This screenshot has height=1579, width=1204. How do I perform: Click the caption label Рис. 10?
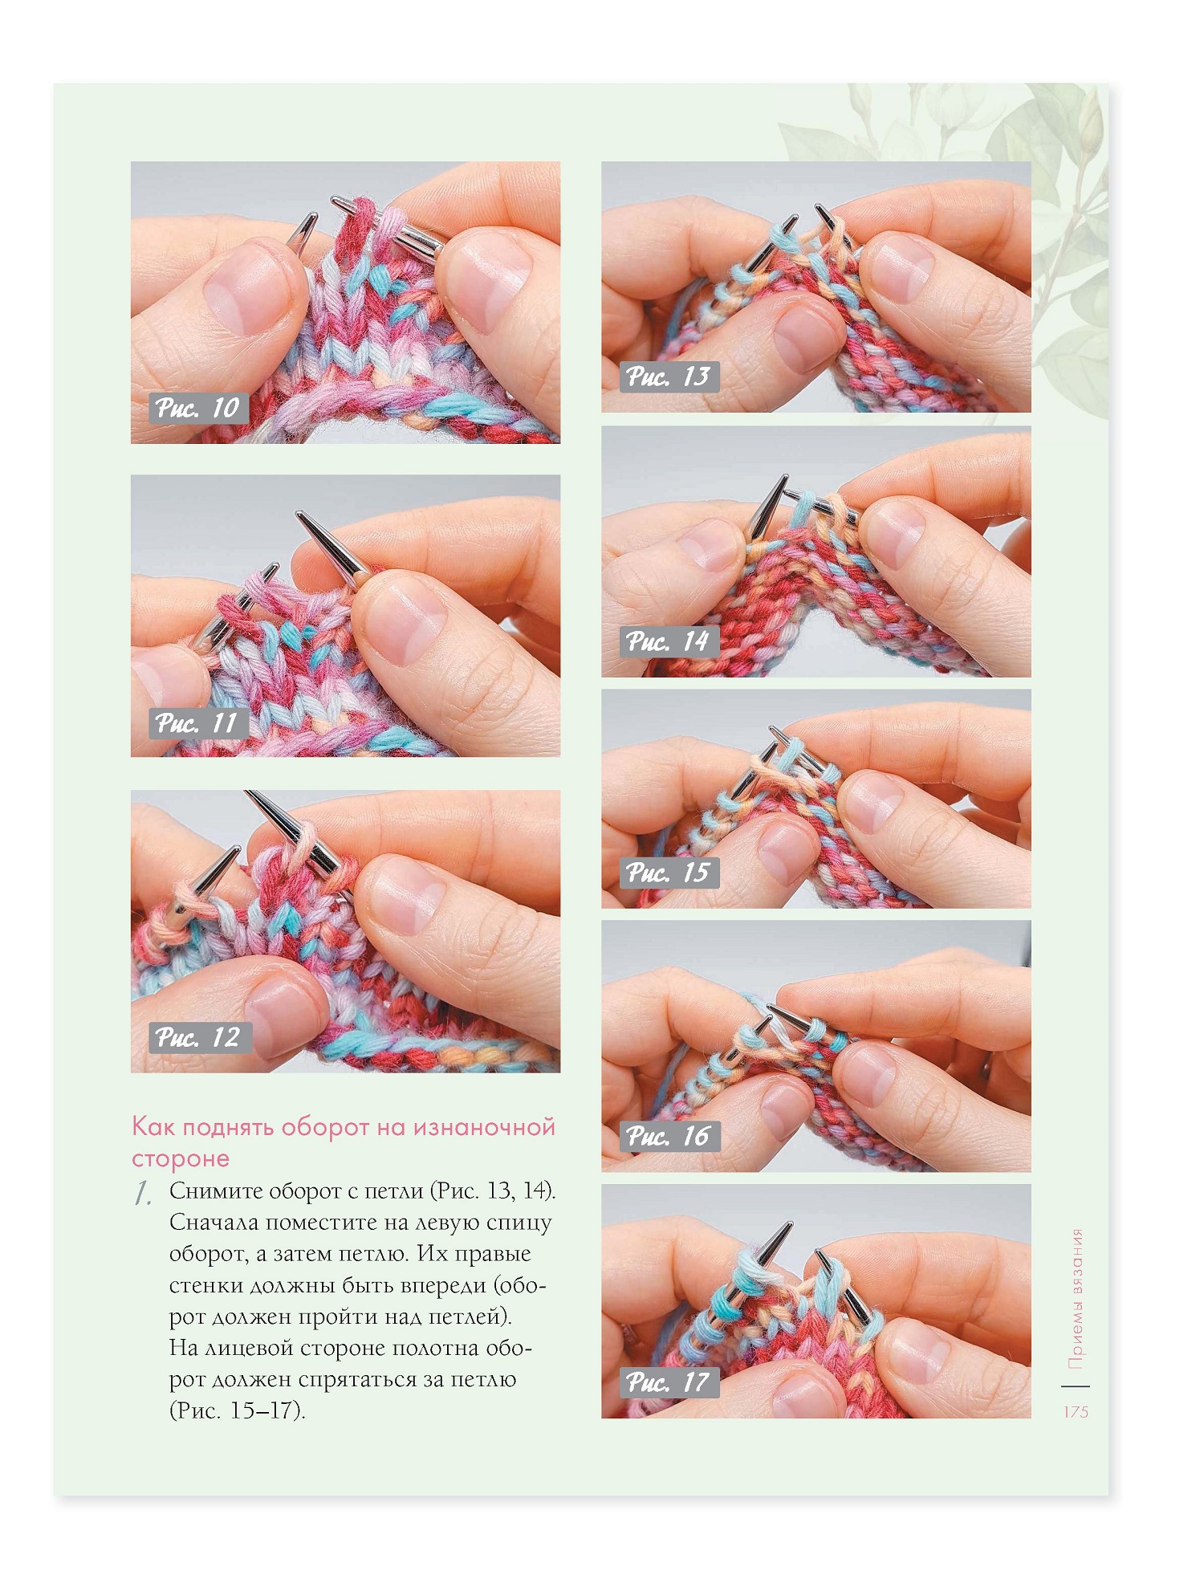click(x=197, y=408)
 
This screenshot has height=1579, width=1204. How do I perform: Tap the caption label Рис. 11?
click(x=197, y=723)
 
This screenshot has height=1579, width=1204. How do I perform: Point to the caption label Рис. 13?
click(x=669, y=376)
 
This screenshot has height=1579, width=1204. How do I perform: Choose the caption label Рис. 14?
click(x=669, y=641)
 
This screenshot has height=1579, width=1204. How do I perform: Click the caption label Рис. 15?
click(x=669, y=872)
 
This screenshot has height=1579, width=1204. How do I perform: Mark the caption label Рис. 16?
click(x=669, y=1136)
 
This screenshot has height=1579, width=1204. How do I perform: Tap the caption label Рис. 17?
click(x=669, y=1382)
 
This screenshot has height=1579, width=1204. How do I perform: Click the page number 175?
click(x=1076, y=1412)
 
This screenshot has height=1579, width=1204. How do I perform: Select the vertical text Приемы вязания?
click(x=1076, y=1299)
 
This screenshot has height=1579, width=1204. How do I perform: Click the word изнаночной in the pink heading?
click(x=484, y=1127)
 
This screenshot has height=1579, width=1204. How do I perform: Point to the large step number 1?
click(x=143, y=1194)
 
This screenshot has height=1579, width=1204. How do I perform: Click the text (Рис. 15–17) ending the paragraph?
click(x=238, y=1410)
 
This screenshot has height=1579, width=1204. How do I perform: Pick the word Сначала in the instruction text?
click(x=214, y=1223)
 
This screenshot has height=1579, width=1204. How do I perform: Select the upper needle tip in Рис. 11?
click(x=298, y=514)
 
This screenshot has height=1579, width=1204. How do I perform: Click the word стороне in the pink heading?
click(x=181, y=1158)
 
